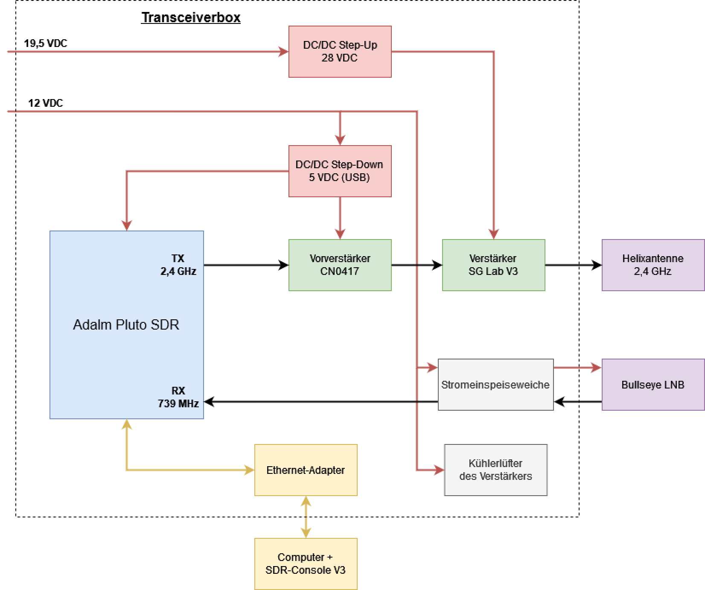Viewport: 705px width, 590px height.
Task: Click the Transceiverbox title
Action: coord(191,18)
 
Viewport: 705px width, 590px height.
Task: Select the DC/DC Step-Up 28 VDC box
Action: coord(340,52)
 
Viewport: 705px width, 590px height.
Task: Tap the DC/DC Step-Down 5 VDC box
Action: coord(340,171)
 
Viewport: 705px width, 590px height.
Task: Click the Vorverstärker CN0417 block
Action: coord(340,265)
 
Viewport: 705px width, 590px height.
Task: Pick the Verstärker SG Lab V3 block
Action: coord(494,265)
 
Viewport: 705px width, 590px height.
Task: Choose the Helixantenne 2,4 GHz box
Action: coord(653,265)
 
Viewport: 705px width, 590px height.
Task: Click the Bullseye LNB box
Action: coord(653,385)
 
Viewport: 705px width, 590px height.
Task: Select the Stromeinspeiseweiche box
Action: coord(496,385)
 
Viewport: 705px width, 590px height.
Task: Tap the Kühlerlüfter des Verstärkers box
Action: coord(496,470)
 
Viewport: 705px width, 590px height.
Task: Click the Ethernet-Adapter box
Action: coord(306,470)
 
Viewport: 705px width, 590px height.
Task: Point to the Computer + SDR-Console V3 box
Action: coord(306,564)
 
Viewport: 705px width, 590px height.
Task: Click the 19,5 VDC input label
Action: coord(46,44)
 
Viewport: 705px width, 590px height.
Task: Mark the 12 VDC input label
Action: coord(46,103)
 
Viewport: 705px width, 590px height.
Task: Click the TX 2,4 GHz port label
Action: coord(178,265)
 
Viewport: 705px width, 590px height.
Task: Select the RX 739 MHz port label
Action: coord(178,397)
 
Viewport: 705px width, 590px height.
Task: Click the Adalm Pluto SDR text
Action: coord(126,325)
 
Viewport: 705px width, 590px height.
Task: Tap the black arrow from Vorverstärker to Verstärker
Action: coord(417,265)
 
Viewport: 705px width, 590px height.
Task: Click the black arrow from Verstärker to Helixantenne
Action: coord(574,265)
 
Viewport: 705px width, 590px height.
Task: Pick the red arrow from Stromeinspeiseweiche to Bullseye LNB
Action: coord(578,367)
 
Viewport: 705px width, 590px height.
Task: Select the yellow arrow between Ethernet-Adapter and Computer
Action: coord(306,517)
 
